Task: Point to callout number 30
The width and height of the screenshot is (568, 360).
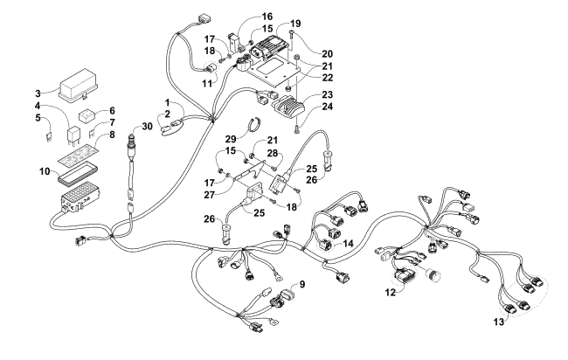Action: (x=149, y=126)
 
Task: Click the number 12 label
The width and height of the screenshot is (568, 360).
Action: (x=390, y=293)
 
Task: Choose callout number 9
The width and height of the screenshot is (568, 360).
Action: (x=301, y=285)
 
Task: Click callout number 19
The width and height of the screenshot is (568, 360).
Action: (x=296, y=23)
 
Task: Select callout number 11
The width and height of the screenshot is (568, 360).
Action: (x=207, y=83)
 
